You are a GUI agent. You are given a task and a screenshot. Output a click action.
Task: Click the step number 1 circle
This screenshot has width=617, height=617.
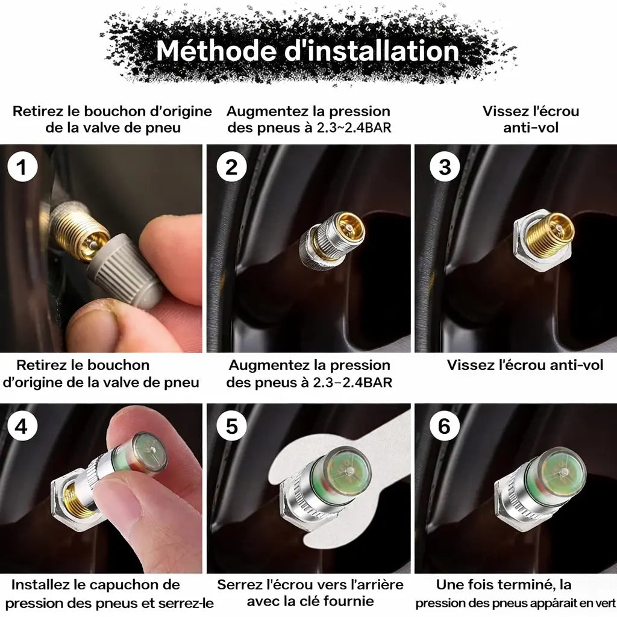click(22, 166)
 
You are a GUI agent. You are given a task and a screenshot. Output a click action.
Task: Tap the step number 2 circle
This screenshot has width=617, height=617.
click(231, 166)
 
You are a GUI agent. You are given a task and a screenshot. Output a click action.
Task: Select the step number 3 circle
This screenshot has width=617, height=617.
click(445, 166)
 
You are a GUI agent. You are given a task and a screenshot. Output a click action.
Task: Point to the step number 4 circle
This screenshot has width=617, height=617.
click(22, 426)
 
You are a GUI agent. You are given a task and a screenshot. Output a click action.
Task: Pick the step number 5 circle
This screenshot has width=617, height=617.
click(231, 426)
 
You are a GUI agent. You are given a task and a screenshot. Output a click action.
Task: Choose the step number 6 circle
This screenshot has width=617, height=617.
click(445, 426)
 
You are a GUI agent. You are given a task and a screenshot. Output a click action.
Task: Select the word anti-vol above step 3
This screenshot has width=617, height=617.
click(531, 128)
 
